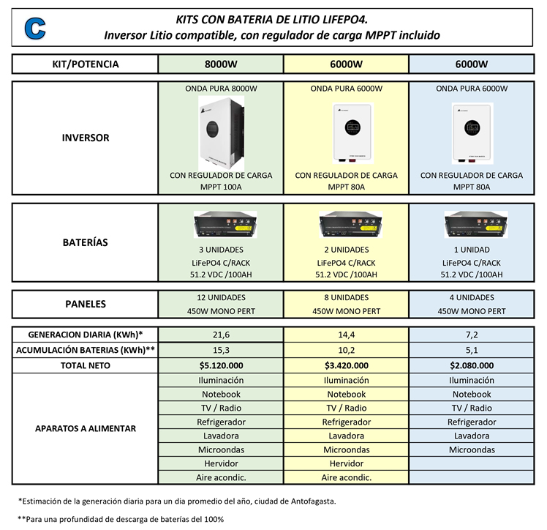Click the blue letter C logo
[x=35, y=28]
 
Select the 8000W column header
[x=221, y=64]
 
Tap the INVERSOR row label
[x=86, y=138]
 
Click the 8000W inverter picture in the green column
[x=221, y=132]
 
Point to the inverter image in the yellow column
[x=352, y=133]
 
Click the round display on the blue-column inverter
[x=472, y=128]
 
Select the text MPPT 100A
[x=221, y=187]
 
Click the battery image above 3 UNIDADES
[x=225, y=225]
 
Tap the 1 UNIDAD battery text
[x=472, y=250]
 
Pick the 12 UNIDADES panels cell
[x=221, y=297]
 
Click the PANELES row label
[x=86, y=304]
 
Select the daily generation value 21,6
[x=221, y=335]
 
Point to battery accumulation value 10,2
[x=347, y=350]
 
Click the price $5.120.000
[x=221, y=365]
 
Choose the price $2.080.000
[x=472, y=365]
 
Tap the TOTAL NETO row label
[x=86, y=365]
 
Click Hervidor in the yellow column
[x=347, y=463]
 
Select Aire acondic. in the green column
[x=221, y=477]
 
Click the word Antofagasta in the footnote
[x=312, y=501]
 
